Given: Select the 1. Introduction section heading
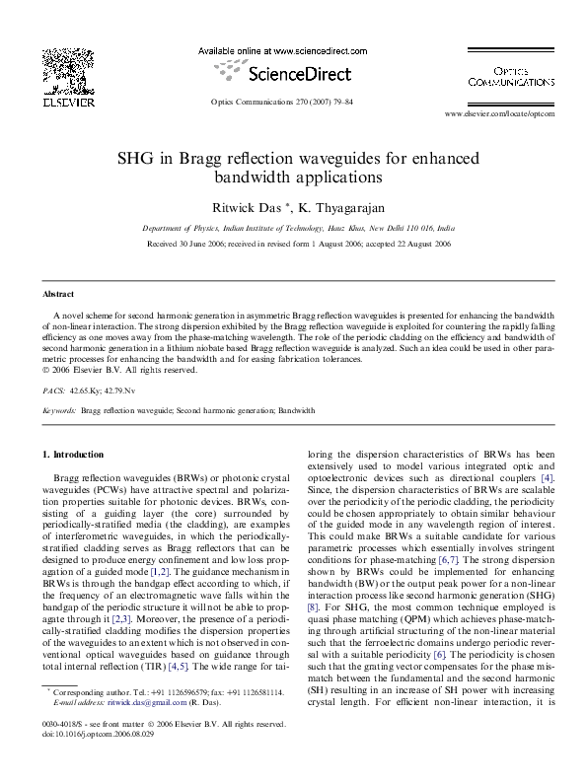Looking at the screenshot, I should pyautogui.click(x=74, y=455).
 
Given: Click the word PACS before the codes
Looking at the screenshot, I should pyautogui.click(x=54, y=391).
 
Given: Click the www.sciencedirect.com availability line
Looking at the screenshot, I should pyautogui.click(x=282, y=49).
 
